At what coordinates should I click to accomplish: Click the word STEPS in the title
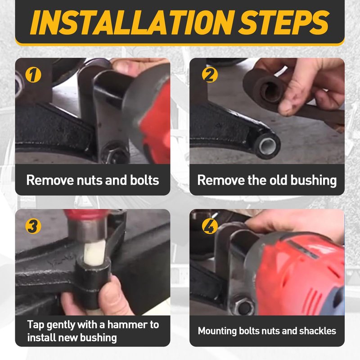pyautogui.click(x=284, y=22)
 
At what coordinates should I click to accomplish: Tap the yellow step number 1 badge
pyautogui.click(x=33, y=75)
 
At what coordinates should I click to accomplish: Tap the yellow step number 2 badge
pyautogui.click(x=210, y=75)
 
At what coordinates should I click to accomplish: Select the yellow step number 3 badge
pyautogui.click(x=33, y=226)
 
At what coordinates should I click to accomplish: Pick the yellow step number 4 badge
pyautogui.click(x=210, y=226)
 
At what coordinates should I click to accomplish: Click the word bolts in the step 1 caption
pyautogui.click(x=144, y=180)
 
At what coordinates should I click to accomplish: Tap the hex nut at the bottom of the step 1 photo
pyautogui.click(x=114, y=154)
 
